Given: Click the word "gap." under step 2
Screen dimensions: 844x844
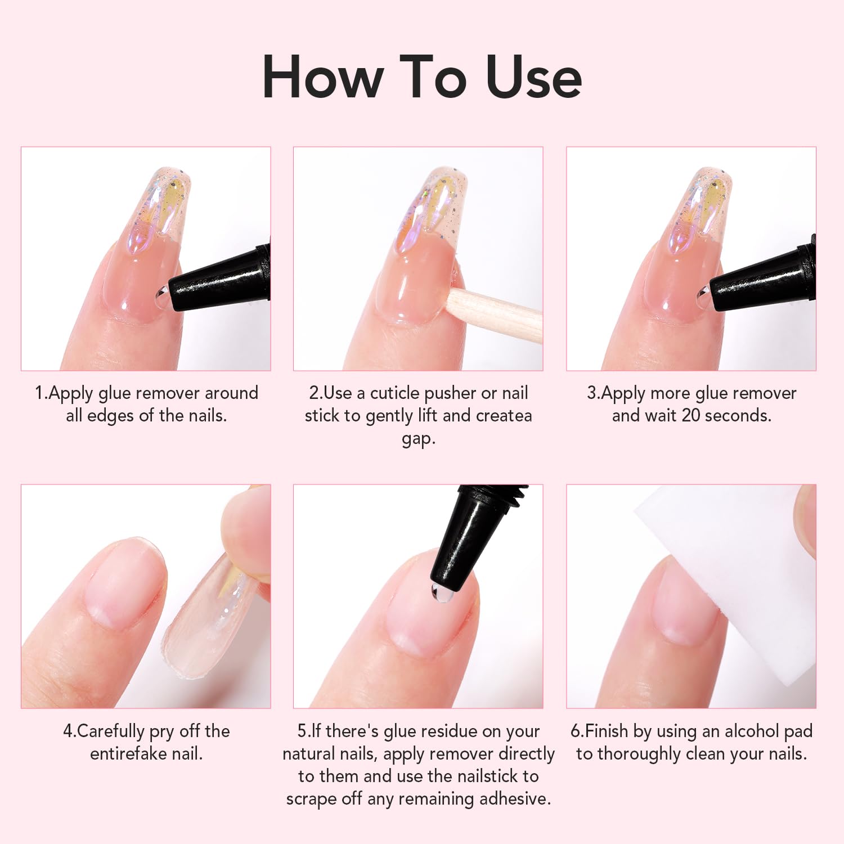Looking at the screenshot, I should click(419, 438).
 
